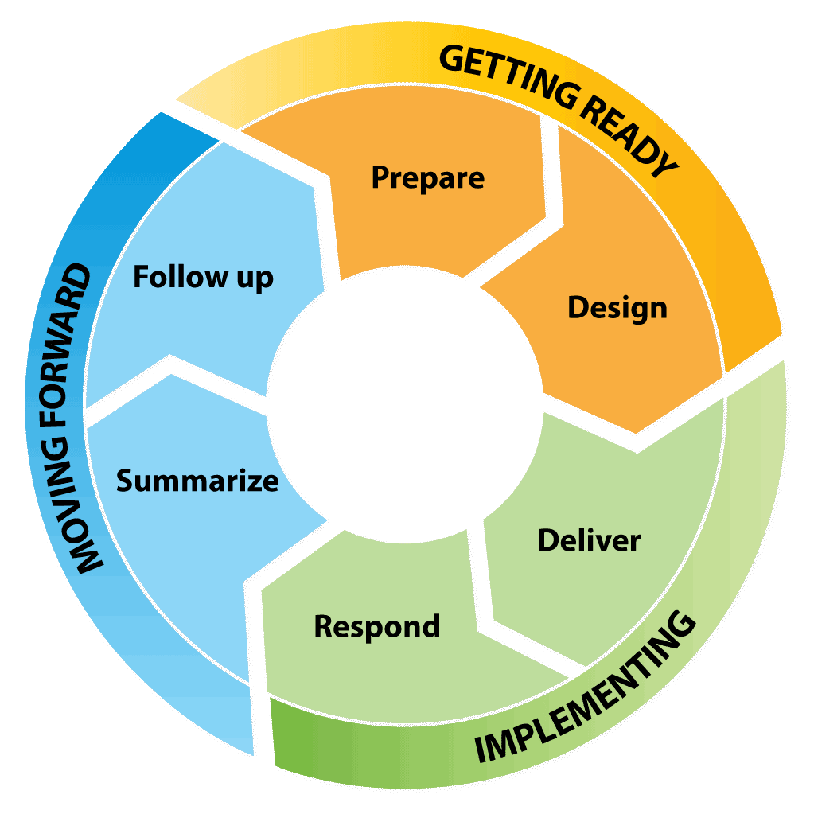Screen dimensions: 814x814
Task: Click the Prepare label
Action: coord(427,177)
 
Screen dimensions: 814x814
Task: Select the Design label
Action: coord(617,308)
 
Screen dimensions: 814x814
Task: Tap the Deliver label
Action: coord(589,540)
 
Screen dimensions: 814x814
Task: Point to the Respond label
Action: coord(376,626)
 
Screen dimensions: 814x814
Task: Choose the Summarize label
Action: coord(197,481)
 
